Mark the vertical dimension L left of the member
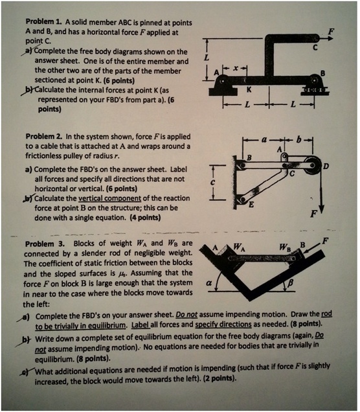click(206, 59)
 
